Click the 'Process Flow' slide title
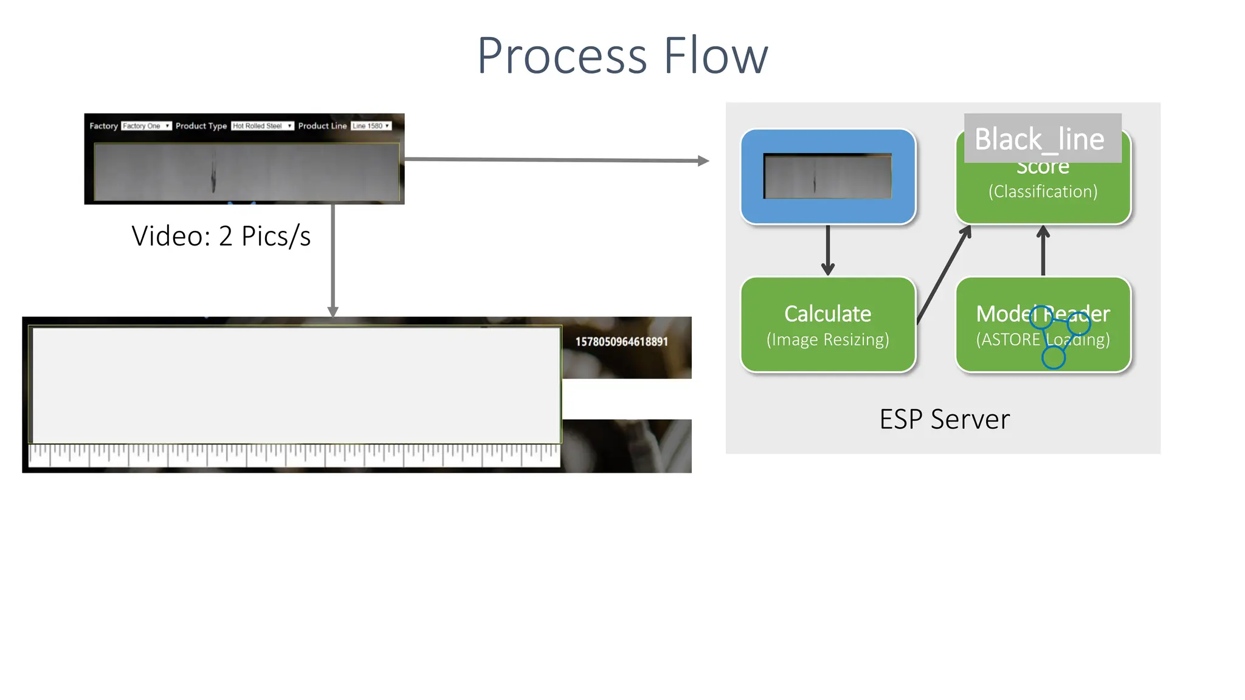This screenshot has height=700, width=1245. [x=622, y=56]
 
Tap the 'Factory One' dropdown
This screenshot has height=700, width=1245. [x=146, y=126]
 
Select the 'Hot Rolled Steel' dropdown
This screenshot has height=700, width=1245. [x=262, y=126]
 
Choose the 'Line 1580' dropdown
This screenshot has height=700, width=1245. [x=371, y=126]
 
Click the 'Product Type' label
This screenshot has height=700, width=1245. [x=201, y=126]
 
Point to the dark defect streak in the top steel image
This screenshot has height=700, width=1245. [x=213, y=173]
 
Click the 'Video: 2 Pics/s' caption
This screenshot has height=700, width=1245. [x=221, y=236]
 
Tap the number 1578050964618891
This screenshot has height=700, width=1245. [x=621, y=341]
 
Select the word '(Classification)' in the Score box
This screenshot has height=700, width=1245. [x=1043, y=191]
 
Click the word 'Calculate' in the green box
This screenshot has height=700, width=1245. [x=827, y=314]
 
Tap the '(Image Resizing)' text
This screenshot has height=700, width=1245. [x=827, y=339]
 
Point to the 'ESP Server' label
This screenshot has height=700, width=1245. [x=944, y=419]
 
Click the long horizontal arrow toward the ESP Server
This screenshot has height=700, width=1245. [x=553, y=160]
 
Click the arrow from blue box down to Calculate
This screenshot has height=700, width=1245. [x=827, y=249]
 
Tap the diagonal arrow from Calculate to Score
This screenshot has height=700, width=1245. [x=943, y=273]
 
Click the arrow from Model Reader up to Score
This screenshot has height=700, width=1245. [x=1043, y=250]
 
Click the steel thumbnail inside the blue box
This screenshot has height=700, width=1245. [x=827, y=176]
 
